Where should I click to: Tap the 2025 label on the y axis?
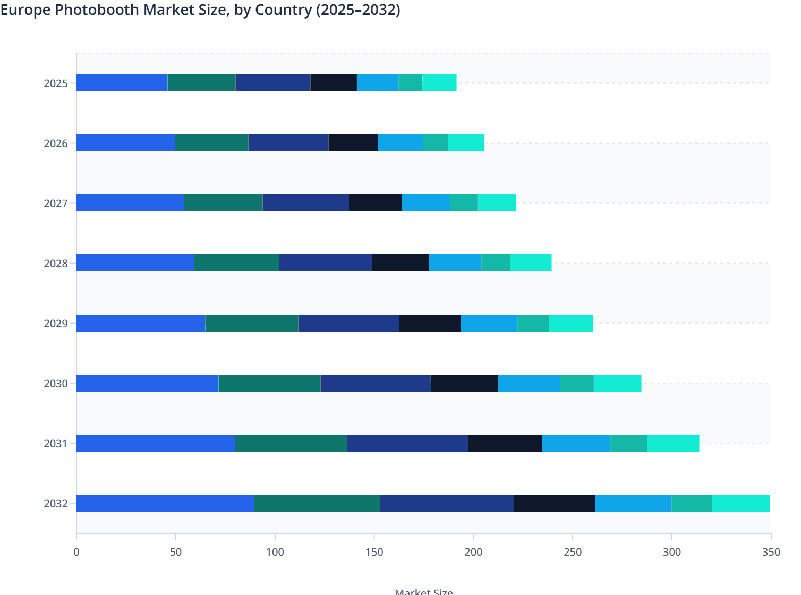56,83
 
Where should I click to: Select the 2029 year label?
56,324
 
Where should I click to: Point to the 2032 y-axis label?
56,504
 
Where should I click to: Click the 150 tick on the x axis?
374,552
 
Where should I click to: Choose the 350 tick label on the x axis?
771,552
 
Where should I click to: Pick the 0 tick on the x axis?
76,552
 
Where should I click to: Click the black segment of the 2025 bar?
334,83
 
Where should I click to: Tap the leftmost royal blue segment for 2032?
165,503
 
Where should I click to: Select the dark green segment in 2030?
269,383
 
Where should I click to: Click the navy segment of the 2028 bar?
326,263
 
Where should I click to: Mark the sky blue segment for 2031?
576,443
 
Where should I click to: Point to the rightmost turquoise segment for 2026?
466,143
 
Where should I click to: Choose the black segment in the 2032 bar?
555,503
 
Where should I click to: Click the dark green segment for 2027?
223,203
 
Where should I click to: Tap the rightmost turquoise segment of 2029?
570,323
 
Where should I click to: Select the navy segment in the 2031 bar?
407,443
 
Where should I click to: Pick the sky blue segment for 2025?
378,83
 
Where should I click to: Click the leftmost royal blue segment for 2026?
125,143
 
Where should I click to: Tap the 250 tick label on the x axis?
573,552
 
